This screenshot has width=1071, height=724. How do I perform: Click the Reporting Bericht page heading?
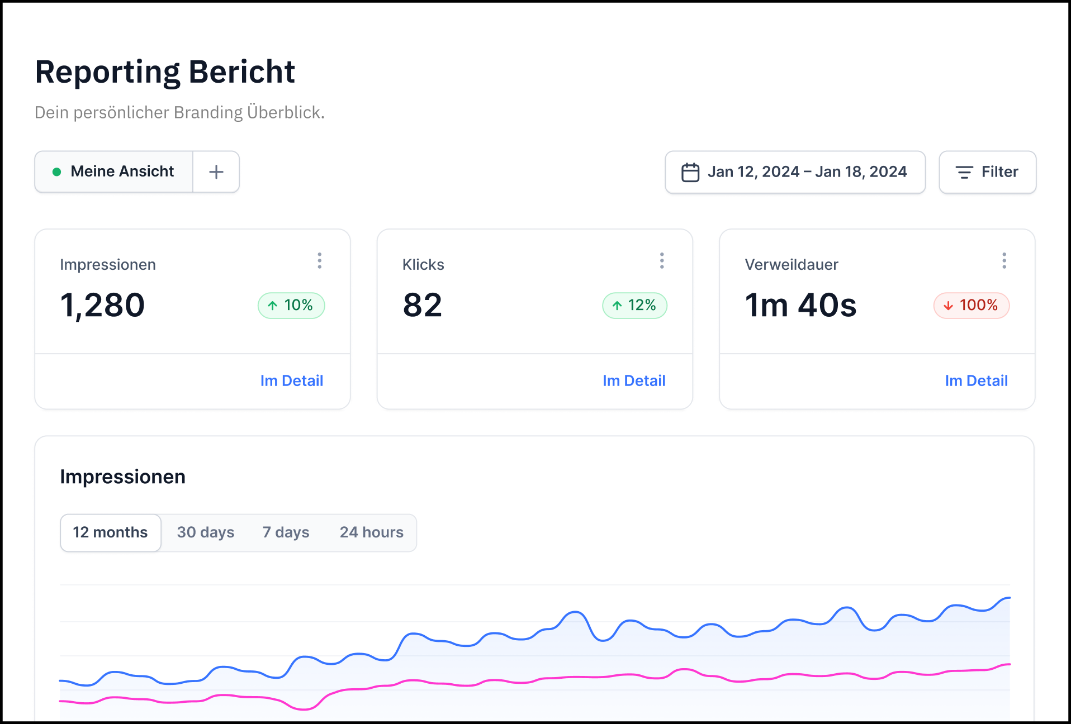165,72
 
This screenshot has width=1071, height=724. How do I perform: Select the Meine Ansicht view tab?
114,172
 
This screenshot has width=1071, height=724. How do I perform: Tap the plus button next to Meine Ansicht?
216,172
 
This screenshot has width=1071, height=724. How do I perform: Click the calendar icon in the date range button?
690,172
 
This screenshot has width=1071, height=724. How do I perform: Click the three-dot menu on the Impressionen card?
320,260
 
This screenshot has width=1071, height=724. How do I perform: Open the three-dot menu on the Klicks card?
662,260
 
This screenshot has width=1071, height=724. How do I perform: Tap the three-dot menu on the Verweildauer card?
1004,260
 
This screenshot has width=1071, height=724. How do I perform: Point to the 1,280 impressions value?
102,305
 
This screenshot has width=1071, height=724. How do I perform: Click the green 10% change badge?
291,306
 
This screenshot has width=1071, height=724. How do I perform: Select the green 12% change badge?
634,306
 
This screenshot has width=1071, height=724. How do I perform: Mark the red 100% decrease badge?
972,306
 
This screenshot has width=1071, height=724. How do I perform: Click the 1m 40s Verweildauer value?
800,305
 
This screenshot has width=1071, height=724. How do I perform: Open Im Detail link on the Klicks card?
634,380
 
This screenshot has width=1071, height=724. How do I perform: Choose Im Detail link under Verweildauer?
977,380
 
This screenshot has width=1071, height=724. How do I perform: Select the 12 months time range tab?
111,532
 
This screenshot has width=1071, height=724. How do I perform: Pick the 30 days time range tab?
206,532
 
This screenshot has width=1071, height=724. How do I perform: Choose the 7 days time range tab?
286,532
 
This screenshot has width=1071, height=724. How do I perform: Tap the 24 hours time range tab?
372,532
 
